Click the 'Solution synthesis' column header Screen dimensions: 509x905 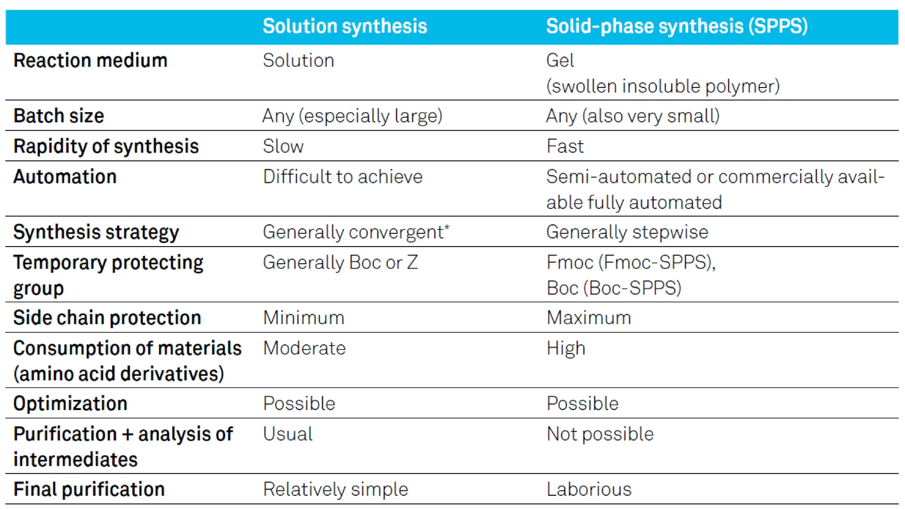click(345, 26)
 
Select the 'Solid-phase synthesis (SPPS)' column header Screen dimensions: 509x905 click(677, 26)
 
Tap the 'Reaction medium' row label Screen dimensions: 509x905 click(90, 61)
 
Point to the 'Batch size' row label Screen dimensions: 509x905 click(59, 116)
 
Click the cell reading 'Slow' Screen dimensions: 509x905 click(283, 146)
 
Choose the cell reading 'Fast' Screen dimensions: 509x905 click(565, 146)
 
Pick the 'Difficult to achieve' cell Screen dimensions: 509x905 click(343, 177)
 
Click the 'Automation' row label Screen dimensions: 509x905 click(65, 177)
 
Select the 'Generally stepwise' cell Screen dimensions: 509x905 click(627, 232)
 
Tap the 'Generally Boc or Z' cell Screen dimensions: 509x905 click(340, 262)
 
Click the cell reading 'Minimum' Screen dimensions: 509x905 click(304, 318)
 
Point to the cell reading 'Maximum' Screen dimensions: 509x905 click(589, 318)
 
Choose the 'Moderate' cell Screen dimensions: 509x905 click(304, 348)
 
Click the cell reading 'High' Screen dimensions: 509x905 click(566, 348)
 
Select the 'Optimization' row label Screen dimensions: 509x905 click(70, 403)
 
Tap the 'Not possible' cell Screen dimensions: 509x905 click(600, 434)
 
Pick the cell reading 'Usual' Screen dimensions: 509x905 click(288, 434)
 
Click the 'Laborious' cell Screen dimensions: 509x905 click(589, 489)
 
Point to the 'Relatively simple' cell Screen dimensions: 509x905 click(335, 489)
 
